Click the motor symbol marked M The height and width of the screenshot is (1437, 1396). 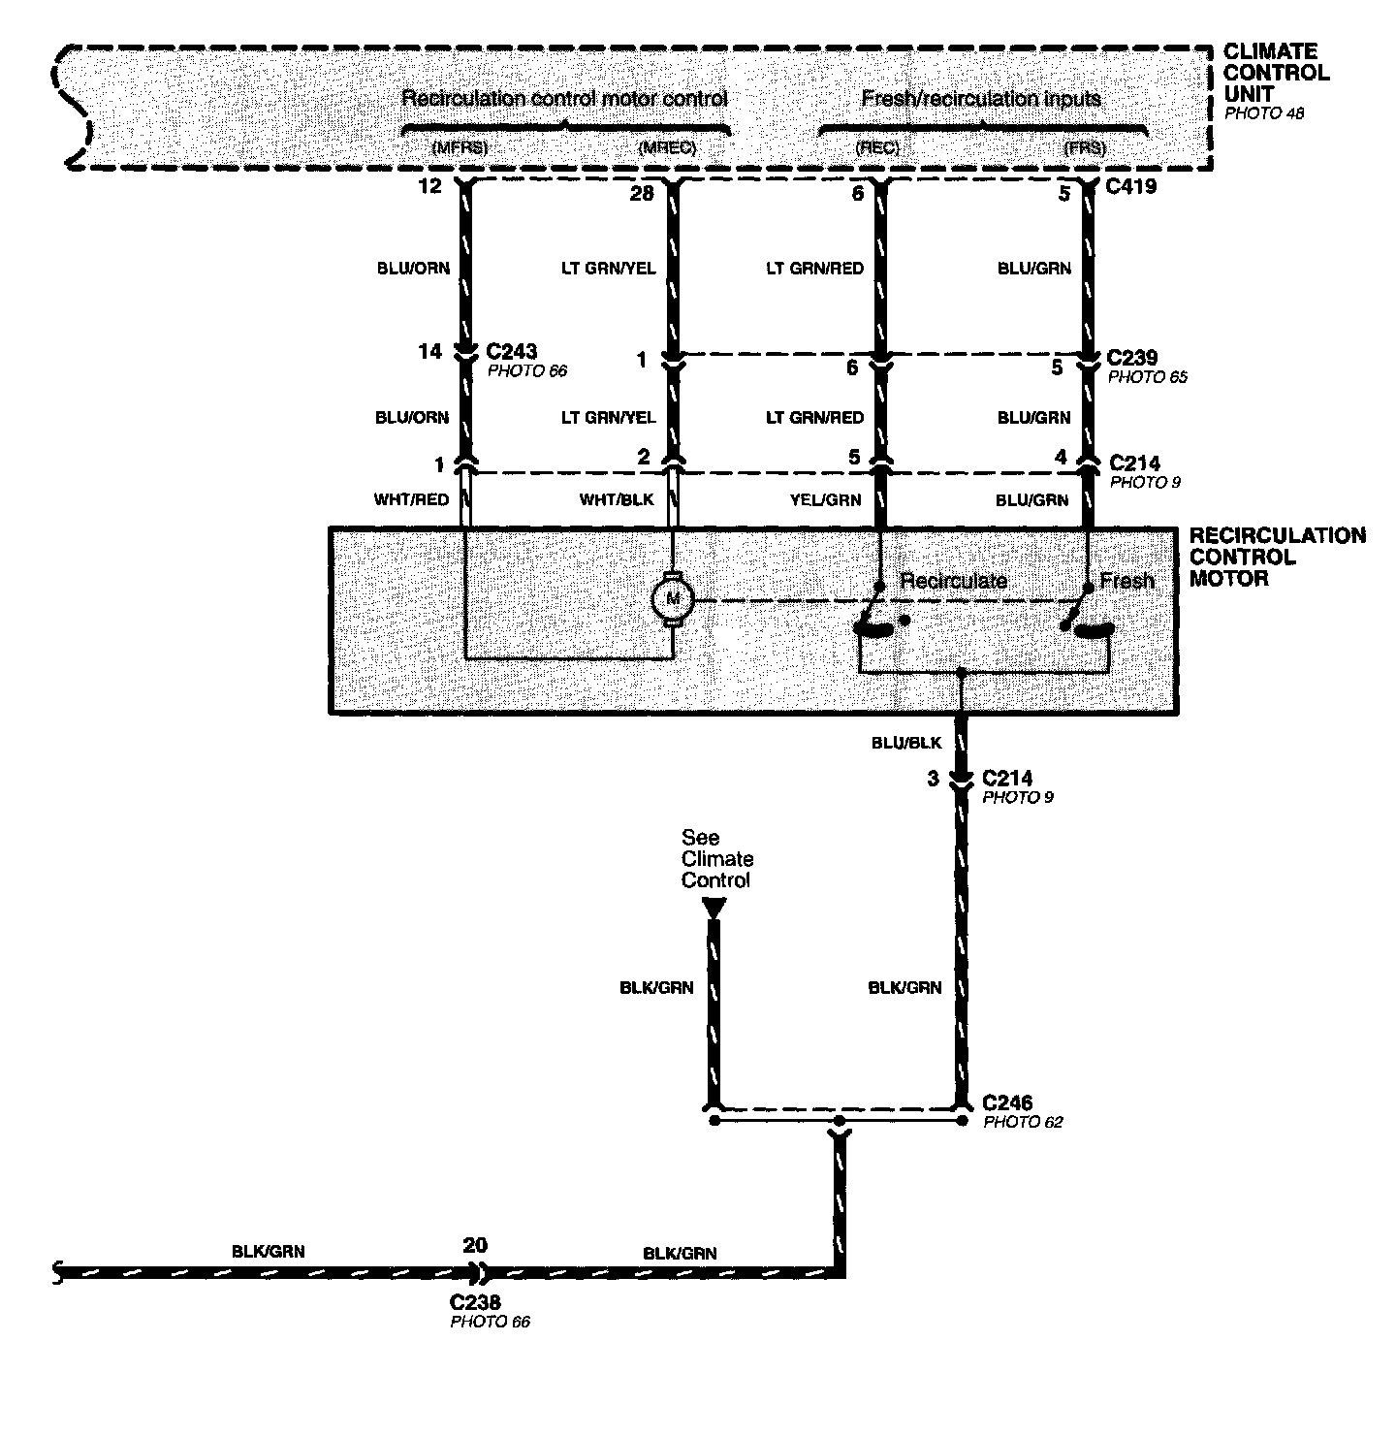pyautogui.click(x=669, y=600)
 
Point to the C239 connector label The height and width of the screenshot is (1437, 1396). pyautogui.click(x=1132, y=358)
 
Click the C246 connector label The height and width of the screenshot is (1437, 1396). pyautogui.click(x=1007, y=1102)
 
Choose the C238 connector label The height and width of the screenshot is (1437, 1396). pyautogui.click(x=476, y=1303)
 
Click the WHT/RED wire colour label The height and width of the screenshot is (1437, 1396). pyautogui.click(x=411, y=500)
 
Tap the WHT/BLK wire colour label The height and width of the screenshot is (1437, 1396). pyautogui.click(x=617, y=500)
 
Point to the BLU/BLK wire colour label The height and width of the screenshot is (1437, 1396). pyautogui.click(x=905, y=743)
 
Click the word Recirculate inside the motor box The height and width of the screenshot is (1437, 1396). pyautogui.click(x=953, y=581)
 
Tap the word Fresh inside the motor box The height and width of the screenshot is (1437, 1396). pyautogui.click(x=1126, y=581)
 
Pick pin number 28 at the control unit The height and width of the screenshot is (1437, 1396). pyautogui.click(x=642, y=193)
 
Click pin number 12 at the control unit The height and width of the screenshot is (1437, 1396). pyautogui.click(x=429, y=186)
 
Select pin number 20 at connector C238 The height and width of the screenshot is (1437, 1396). pyautogui.click(x=475, y=1246)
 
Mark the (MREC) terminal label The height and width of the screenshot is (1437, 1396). pyautogui.click(x=667, y=148)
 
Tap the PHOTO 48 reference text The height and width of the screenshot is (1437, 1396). pyautogui.click(x=1264, y=113)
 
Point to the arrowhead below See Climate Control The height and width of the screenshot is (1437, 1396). pyautogui.click(x=714, y=908)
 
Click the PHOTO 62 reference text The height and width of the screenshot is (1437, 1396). pyautogui.click(x=1023, y=1122)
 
